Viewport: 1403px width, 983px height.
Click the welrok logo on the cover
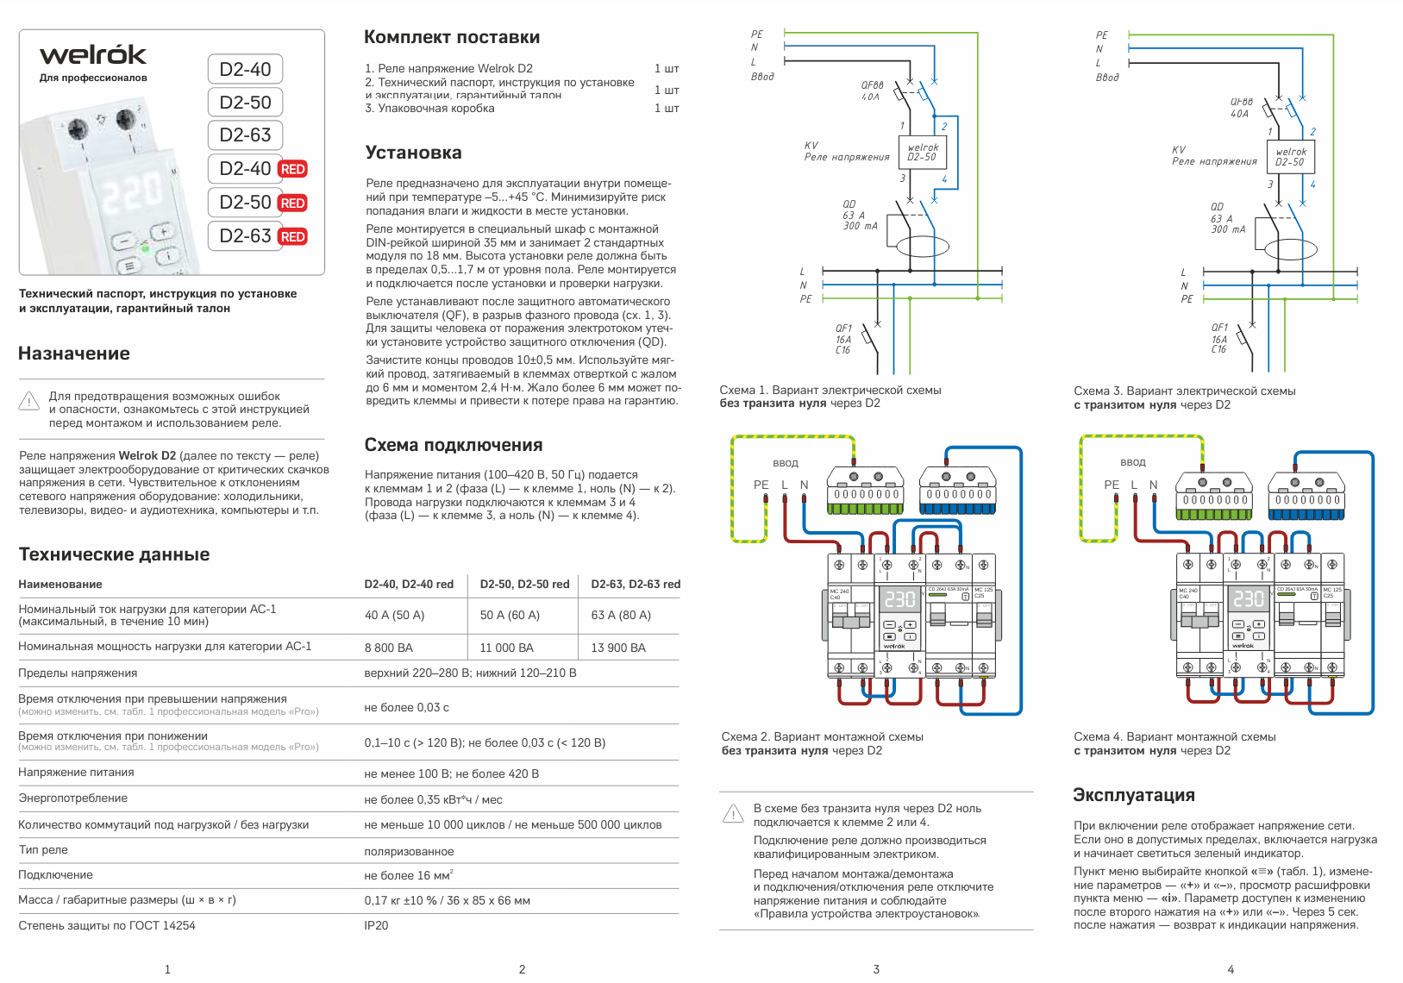(x=93, y=56)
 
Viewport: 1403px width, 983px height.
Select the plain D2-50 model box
(x=245, y=103)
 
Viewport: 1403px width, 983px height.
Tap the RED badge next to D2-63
(x=292, y=237)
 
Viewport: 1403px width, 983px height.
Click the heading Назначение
(x=74, y=354)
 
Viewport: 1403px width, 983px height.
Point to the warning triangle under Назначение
(x=29, y=402)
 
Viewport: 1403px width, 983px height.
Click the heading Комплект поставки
(x=452, y=37)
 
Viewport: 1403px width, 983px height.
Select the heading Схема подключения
(x=454, y=445)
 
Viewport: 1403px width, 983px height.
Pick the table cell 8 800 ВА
(x=389, y=648)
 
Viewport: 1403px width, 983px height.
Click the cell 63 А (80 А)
(x=621, y=615)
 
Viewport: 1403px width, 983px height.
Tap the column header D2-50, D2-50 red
(x=524, y=584)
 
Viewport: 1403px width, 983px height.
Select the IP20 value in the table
(x=376, y=925)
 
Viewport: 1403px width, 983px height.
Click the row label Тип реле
(x=43, y=849)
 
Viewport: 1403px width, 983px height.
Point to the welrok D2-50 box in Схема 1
(x=922, y=153)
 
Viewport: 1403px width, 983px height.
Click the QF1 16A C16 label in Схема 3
(x=1219, y=339)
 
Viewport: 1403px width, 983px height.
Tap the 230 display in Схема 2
(x=899, y=598)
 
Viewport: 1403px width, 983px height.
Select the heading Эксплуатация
(x=1133, y=795)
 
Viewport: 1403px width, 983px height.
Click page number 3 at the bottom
(x=876, y=969)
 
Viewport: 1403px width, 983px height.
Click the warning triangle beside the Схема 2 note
(x=733, y=813)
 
